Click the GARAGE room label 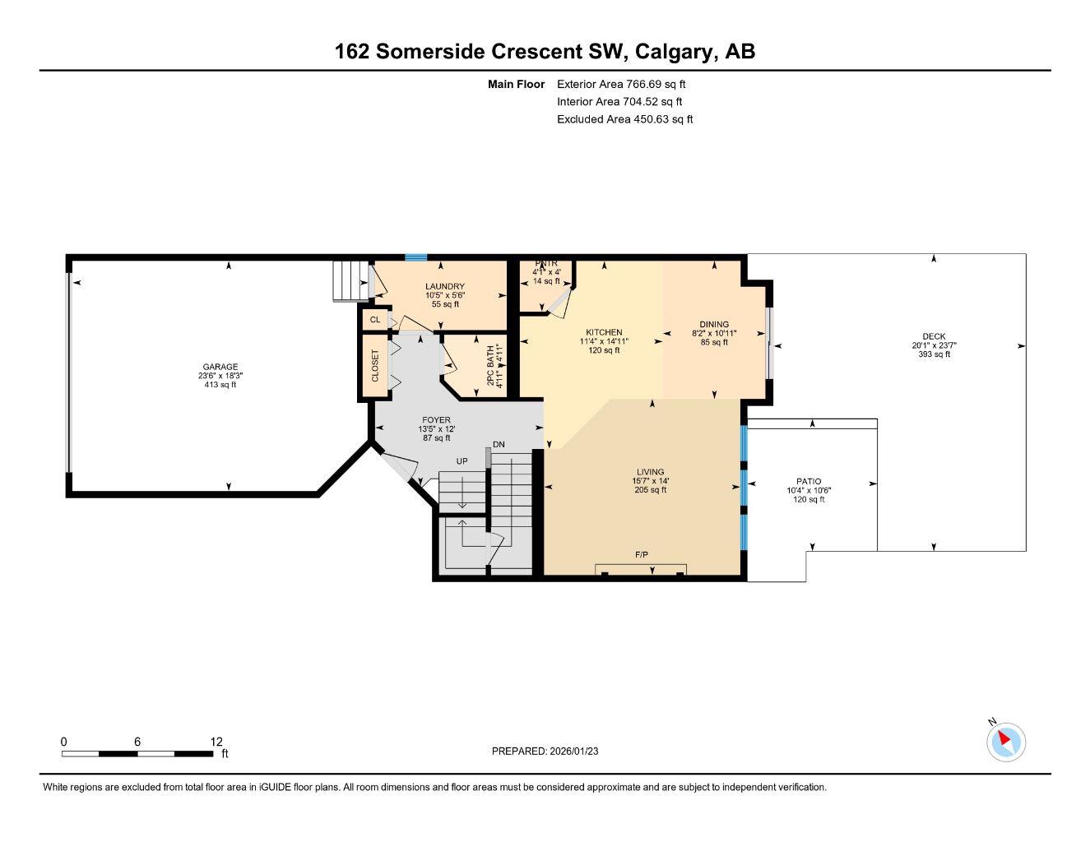220,368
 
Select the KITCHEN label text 604,332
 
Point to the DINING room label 714,325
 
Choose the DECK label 934,336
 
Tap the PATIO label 809,482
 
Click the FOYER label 437,420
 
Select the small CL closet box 375,320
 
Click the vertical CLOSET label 376,366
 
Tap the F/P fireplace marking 642,555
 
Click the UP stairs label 462,461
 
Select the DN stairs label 499,445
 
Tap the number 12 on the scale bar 216,742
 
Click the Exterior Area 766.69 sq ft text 621,84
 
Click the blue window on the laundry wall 416,257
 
